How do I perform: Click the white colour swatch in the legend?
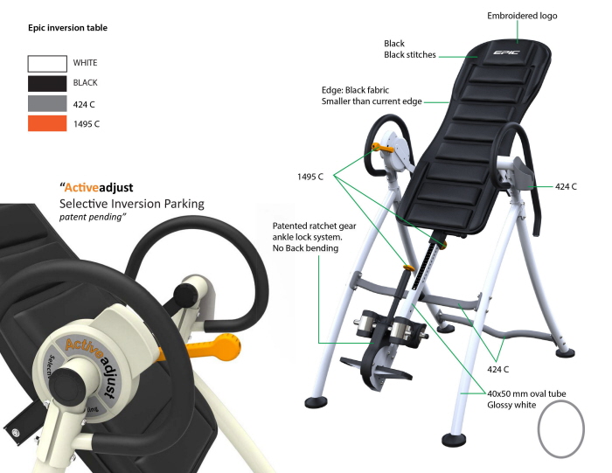pos(47,64)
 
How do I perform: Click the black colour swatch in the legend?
pos(47,84)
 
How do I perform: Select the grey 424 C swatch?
pos(47,104)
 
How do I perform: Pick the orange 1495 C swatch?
pos(47,124)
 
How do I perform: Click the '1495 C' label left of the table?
pos(309,177)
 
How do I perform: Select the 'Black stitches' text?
pos(410,55)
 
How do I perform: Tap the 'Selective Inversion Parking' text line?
pos(131,203)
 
